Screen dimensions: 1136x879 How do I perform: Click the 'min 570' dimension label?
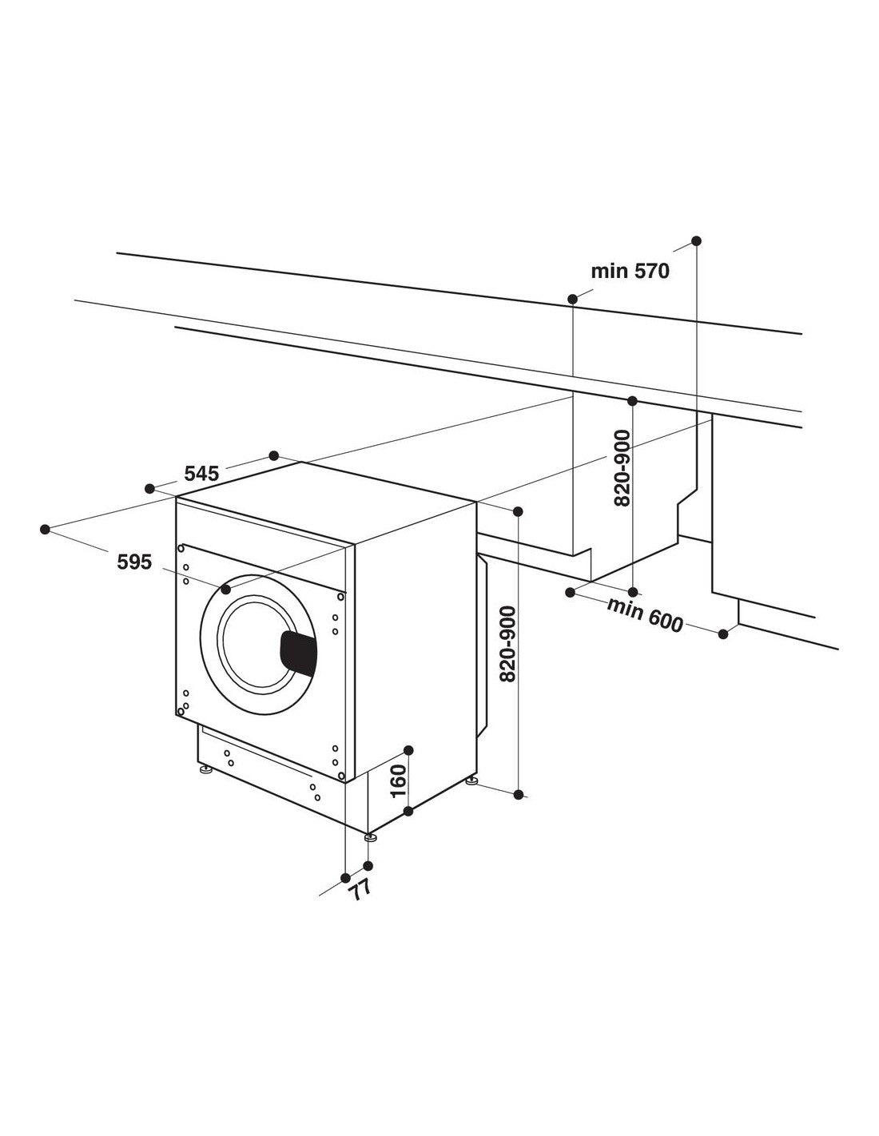point(630,272)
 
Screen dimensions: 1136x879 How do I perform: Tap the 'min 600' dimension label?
point(645,615)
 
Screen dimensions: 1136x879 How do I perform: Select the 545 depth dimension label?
point(201,473)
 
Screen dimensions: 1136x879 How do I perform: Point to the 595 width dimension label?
point(134,562)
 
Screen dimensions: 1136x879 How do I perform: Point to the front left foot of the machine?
point(206,771)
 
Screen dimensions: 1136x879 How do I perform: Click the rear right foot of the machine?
point(472,781)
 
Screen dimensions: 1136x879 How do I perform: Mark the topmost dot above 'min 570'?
point(696,240)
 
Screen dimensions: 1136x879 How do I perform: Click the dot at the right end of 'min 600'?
point(723,634)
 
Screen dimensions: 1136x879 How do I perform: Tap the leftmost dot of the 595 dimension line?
point(45,529)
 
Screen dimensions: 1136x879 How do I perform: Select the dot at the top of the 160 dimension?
point(408,749)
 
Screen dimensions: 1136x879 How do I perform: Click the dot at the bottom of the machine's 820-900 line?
point(519,794)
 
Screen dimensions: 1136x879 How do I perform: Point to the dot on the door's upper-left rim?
point(225,590)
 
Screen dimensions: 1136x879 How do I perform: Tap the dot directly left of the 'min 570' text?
point(573,299)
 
